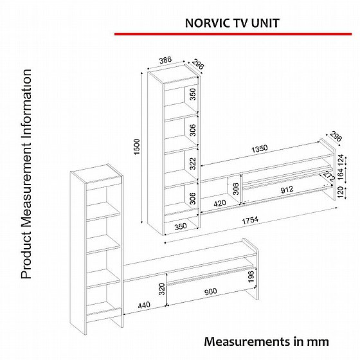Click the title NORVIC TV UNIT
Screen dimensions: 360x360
tap(232, 22)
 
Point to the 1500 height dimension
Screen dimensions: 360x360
tap(135, 148)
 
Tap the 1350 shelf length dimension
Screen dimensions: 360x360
tap(259, 148)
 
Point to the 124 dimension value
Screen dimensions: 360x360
tap(341, 159)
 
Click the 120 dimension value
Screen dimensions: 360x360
tap(341, 191)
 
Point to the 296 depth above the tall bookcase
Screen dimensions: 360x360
tap(198, 65)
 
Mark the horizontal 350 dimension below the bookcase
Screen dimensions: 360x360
tap(181, 226)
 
